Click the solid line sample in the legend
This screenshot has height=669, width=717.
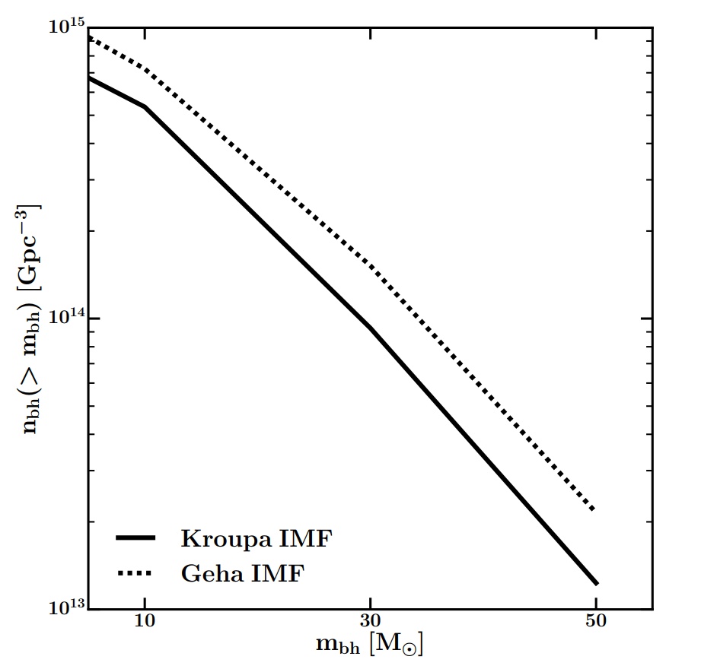(x=136, y=539)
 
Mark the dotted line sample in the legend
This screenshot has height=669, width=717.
(x=136, y=572)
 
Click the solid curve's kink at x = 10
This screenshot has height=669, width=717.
(x=145, y=107)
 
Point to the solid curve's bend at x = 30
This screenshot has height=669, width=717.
(x=370, y=328)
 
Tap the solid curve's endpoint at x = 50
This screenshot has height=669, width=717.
(x=596, y=583)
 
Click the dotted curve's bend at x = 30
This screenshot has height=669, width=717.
(x=370, y=266)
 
